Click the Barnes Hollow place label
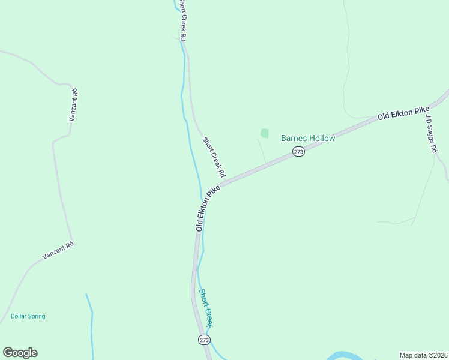click(x=308, y=138)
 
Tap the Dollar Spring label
click(x=28, y=316)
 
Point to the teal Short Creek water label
click(x=206, y=307)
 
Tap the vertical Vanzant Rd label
click(x=74, y=106)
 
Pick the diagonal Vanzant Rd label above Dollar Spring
click(x=58, y=250)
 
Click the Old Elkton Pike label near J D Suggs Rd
click(x=403, y=113)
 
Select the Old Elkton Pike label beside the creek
click(x=208, y=208)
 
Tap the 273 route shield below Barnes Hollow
click(x=299, y=152)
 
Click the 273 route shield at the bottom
click(x=204, y=340)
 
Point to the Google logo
click(x=20, y=353)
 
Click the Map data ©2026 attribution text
click(x=423, y=355)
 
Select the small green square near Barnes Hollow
click(x=264, y=133)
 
